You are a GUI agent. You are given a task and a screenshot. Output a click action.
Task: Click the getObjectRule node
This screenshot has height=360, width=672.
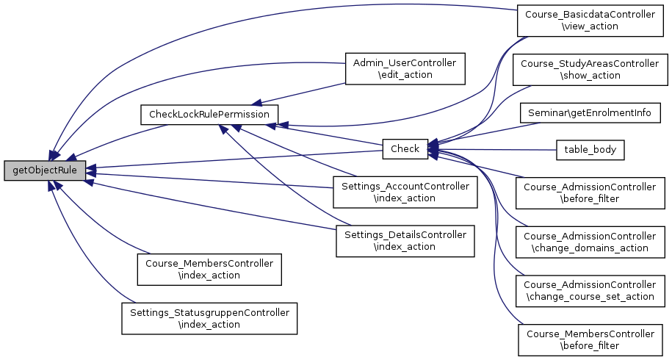click(x=45, y=170)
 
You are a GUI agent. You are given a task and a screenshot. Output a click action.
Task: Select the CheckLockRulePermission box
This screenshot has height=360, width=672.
click(x=209, y=115)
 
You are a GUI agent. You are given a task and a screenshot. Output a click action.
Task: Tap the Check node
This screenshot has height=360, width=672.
click(x=405, y=149)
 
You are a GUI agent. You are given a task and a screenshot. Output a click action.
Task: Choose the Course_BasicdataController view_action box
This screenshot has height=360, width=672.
click(x=590, y=20)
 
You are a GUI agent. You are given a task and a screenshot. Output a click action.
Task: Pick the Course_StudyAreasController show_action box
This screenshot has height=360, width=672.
click(x=590, y=69)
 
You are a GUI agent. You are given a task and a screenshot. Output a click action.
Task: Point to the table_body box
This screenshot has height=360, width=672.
click(x=590, y=150)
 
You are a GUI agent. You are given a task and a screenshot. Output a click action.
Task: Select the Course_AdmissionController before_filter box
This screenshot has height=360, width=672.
click(x=590, y=193)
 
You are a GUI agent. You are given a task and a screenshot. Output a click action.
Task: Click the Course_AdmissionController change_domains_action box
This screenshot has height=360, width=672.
click(x=590, y=242)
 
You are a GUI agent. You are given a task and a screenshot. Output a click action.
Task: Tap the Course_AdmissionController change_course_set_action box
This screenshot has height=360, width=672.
click(x=590, y=290)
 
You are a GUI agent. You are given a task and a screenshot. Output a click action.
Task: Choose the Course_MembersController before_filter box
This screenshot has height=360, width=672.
click(x=590, y=339)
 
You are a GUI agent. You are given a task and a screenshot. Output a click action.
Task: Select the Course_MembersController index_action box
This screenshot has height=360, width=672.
click(x=209, y=269)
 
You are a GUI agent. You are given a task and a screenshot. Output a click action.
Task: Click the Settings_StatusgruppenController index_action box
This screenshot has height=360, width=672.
click(x=209, y=318)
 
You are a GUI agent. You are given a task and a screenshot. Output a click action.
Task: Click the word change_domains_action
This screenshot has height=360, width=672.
click(x=590, y=248)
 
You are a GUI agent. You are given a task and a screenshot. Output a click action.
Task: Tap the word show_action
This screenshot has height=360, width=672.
click(x=590, y=75)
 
